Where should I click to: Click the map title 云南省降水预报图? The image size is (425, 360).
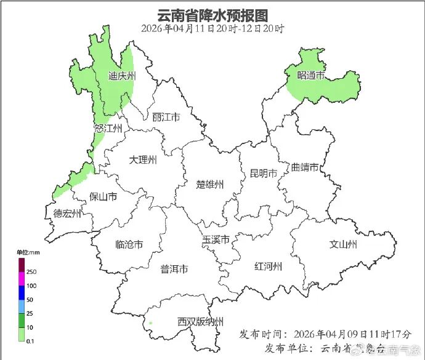[212, 14]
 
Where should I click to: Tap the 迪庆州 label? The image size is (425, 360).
[121, 76]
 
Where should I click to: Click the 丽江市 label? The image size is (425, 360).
[166, 117]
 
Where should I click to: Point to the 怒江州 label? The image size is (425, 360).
[108, 129]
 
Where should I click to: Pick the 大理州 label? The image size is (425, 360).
[143, 160]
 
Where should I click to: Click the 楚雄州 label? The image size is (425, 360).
[210, 184]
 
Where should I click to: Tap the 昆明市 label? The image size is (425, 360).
[264, 173]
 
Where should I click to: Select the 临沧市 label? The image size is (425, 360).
[129, 244]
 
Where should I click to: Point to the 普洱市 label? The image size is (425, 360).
[174, 269]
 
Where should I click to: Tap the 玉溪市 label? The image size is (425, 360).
[216, 239]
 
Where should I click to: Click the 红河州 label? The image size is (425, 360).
[268, 266]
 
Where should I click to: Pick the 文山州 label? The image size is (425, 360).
[344, 244]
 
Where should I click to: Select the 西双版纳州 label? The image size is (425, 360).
[200, 322]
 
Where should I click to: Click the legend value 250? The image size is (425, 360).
[31, 272]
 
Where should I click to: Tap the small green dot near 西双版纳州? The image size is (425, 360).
[150, 322]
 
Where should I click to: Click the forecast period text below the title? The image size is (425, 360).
[212, 28]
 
